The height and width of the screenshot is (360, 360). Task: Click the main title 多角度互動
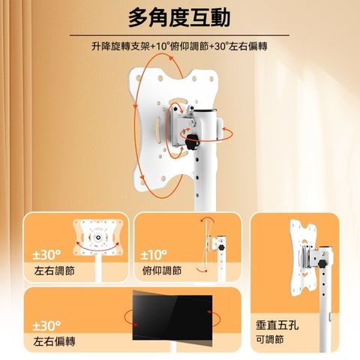point(179,17)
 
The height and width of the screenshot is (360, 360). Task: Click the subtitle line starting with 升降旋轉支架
point(179,46)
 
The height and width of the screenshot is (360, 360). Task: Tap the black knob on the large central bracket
point(192,142)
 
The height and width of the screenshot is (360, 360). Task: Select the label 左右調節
point(55,271)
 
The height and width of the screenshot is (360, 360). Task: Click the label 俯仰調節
point(162,271)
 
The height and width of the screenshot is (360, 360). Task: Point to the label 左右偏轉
point(54,341)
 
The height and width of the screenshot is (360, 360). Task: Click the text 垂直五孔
point(277,325)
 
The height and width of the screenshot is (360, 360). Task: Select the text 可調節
point(270,340)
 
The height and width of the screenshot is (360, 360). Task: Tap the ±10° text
point(154,255)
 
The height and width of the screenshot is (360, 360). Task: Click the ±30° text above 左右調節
point(46,255)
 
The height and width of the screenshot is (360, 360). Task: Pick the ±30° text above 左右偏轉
point(46,325)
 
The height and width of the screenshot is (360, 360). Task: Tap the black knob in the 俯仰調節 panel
point(221,247)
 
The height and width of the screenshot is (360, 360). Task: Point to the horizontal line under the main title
point(179,35)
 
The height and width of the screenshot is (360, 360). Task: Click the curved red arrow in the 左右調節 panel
point(97,247)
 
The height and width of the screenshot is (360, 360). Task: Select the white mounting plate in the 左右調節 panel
point(98,237)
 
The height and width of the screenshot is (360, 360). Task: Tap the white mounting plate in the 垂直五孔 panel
point(303,257)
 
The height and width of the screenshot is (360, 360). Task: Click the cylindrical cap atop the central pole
point(205,112)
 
